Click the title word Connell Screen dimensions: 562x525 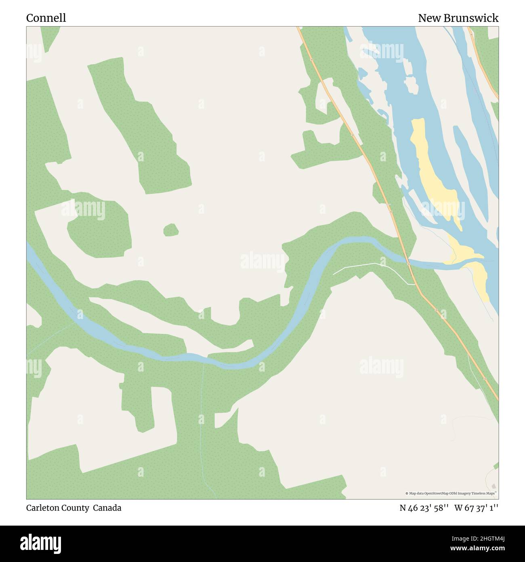(x=46, y=18)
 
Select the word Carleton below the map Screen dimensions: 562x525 (x=44, y=508)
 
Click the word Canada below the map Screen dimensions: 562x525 (x=107, y=508)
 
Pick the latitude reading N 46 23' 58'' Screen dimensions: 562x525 (x=424, y=508)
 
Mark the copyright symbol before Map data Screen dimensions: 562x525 (x=407, y=493)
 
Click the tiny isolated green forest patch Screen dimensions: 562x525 (x=171, y=230)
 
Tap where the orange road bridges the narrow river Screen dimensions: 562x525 (x=408, y=263)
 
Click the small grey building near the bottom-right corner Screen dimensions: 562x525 (x=493, y=486)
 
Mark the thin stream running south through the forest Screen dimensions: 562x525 (x=201, y=425)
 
